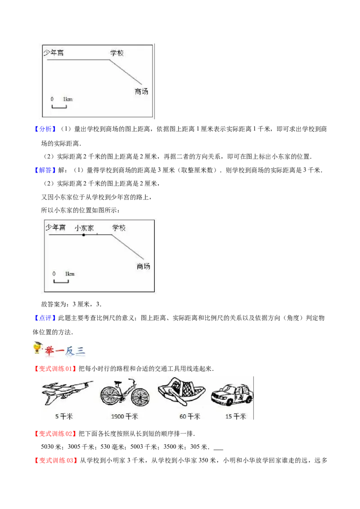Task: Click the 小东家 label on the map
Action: (84, 228)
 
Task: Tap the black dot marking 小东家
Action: (83, 235)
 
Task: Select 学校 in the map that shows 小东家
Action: (119, 228)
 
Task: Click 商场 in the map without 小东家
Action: (141, 91)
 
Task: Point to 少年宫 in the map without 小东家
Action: (54, 53)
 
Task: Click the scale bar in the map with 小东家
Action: (61, 281)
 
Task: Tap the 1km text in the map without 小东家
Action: (67, 99)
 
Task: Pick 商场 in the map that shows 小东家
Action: (143, 266)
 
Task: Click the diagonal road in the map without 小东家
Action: (126, 72)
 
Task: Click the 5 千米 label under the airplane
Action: (63, 416)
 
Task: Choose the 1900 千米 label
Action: (125, 416)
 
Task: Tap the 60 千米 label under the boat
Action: (189, 416)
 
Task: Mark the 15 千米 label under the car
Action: (236, 416)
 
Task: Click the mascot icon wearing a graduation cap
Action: (36, 348)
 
